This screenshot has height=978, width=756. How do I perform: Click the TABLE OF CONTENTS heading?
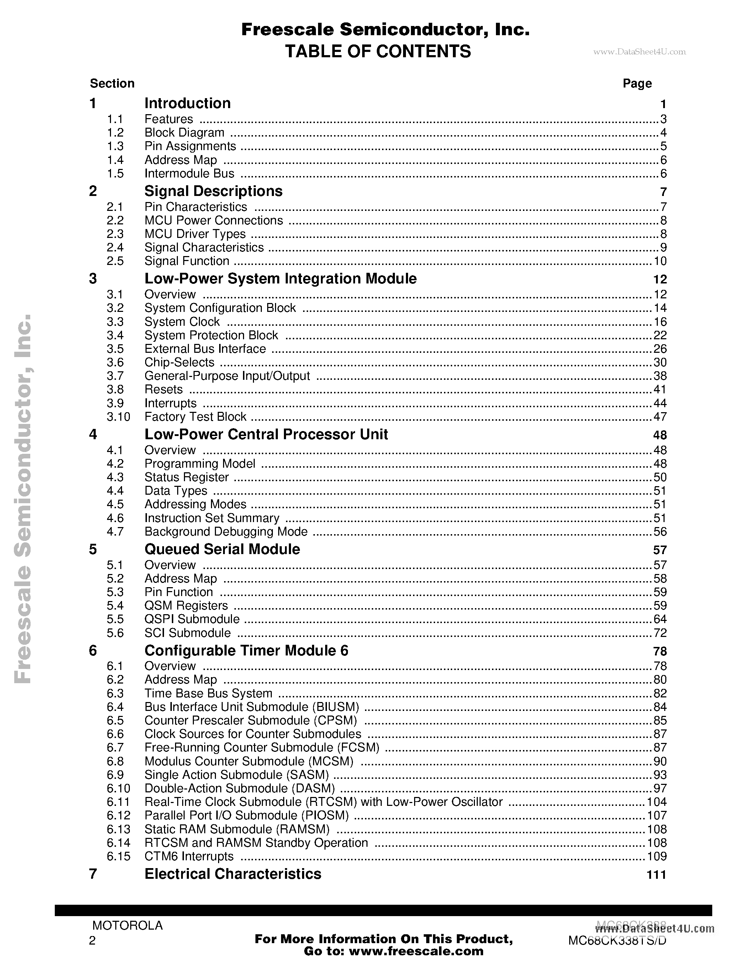click(377, 52)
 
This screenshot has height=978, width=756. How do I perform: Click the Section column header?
click(112, 84)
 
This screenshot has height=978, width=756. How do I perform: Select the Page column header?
click(637, 84)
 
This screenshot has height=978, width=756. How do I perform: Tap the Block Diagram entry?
click(184, 133)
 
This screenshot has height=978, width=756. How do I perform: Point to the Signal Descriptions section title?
click(213, 191)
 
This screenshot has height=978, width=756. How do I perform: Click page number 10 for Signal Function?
click(660, 261)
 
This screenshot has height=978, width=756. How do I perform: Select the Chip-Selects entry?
click(179, 362)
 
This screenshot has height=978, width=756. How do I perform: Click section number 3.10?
click(118, 417)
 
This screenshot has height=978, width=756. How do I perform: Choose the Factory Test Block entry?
click(195, 417)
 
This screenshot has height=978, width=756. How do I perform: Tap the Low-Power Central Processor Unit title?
click(266, 434)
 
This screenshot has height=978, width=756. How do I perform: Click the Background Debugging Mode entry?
click(226, 532)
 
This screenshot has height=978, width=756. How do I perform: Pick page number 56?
click(660, 532)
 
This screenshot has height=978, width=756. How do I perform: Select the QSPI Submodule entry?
click(192, 619)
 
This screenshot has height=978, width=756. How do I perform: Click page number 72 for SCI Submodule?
click(660, 633)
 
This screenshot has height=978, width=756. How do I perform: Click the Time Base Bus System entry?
click(208, 693)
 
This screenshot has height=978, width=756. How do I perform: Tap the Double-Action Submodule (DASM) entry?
click(240, 788)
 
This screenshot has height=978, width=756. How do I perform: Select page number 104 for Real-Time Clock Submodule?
click(657, 802)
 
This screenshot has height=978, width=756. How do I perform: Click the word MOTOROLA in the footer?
click(127, 926)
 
